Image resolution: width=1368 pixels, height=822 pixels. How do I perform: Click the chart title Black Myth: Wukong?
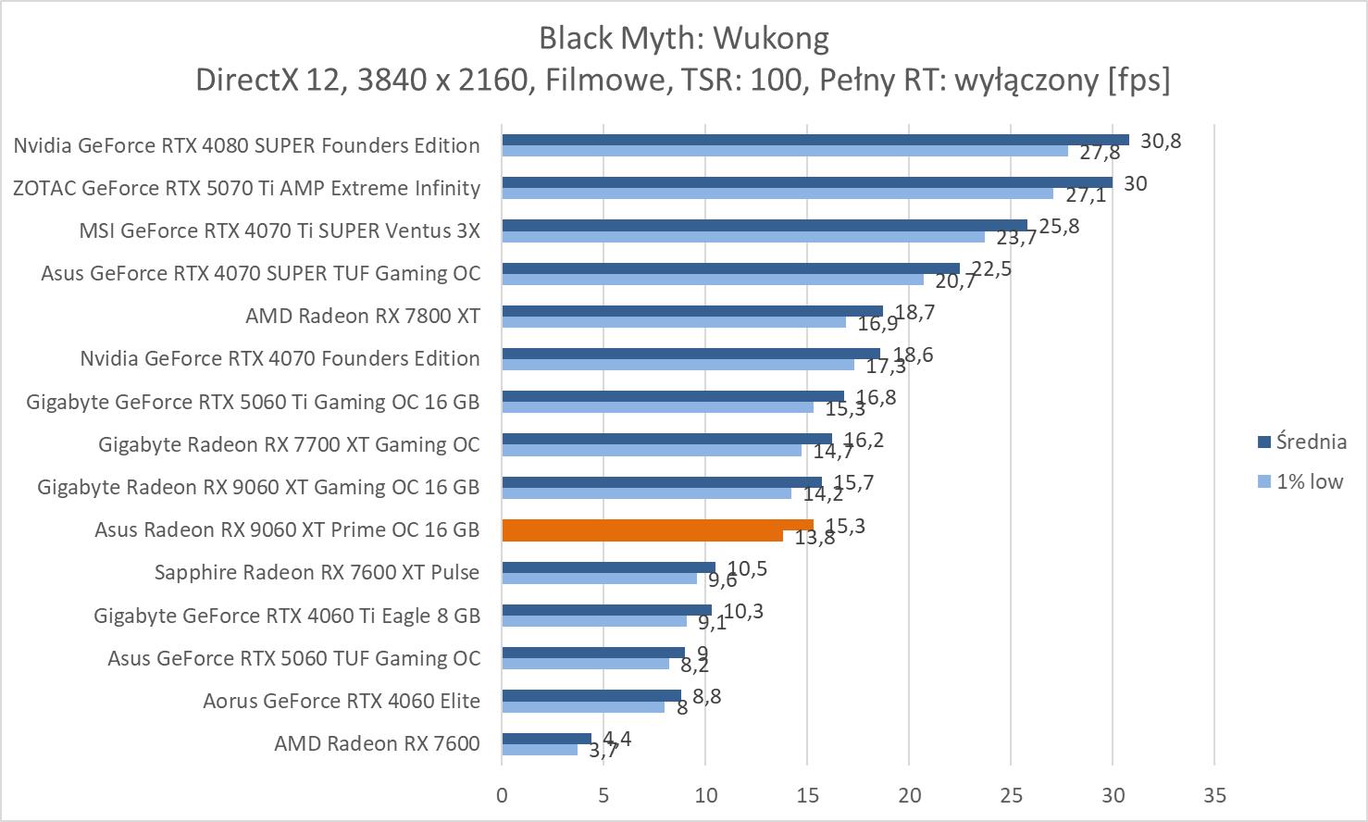[x=683, y=38]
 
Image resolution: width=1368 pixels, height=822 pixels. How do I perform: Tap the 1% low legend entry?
[x=1309, y=481]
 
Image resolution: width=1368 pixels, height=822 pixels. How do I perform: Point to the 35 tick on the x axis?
[x=1214, y=795]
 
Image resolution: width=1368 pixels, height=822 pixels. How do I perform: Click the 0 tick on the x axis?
[x=502, y=795]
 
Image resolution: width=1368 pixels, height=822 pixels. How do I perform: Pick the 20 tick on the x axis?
[x=909, y=795]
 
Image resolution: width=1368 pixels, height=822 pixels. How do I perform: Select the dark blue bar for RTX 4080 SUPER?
[x=815, y=140]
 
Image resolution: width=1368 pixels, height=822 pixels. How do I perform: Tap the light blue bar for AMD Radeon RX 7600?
[x=540, y=749]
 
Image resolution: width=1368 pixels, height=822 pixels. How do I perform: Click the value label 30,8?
[x=1161, y=141]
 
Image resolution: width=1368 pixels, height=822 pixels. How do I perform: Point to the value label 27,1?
[x=1085, y=196]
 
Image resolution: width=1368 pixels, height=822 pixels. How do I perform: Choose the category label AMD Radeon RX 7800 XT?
[x=363, y=316]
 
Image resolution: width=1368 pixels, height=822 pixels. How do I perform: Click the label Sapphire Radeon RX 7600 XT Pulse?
[x=317, y=572]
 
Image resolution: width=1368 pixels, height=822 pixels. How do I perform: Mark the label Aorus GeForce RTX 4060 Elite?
[x=342, y=701]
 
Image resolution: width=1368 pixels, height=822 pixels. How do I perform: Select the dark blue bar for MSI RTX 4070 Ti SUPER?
[x=764, y=225]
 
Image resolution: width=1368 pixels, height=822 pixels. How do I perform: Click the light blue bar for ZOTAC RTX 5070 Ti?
[x=777, y=193]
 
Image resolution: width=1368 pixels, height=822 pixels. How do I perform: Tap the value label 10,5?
[x=747, y=568]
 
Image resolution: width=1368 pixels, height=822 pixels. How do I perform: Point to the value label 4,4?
[x=616, y=739]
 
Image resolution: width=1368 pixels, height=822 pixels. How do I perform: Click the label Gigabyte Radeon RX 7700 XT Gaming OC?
[x=289, y=444]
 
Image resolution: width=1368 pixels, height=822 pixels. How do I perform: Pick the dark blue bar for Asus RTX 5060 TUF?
[x=592, y=653]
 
